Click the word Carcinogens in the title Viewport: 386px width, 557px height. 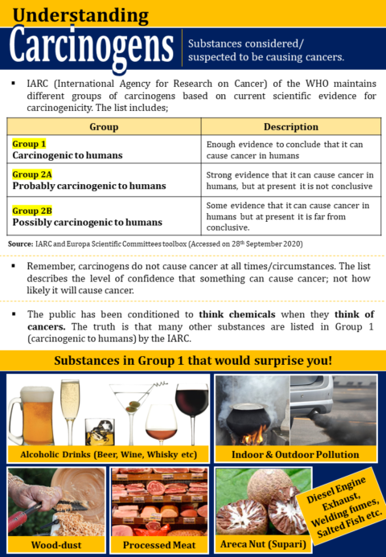point(90,48)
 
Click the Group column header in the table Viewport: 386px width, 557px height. point(104,127)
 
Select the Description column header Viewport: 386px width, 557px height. point(290,127)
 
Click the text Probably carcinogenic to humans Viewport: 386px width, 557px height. point(89,186)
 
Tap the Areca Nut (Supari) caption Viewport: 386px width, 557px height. point(262,544)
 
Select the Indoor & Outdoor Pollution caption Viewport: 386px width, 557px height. point(296,454)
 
